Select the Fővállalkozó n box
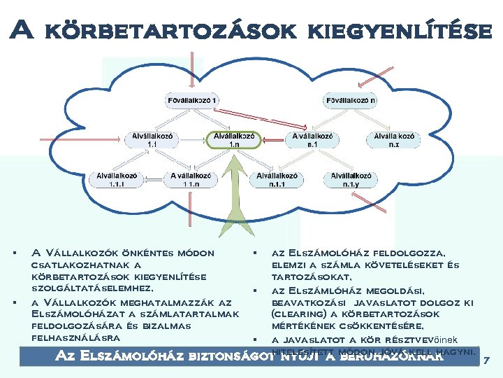(x=351, y=100)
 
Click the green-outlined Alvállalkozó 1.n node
(x=234, y=139)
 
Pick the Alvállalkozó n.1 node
(x=312, y=139)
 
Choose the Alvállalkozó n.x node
(x=393, y=139)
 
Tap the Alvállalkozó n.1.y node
(x=351, y=180)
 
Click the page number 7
(x=487, y=360)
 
